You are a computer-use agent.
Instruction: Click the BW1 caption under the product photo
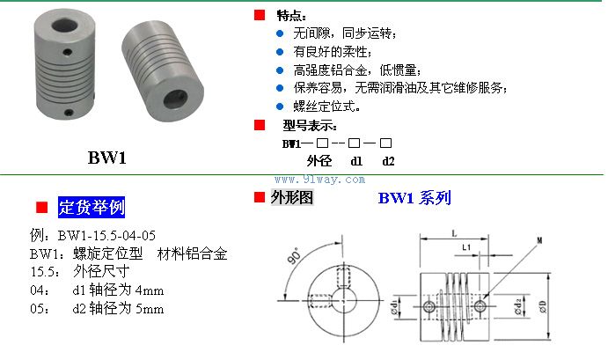point(107,158)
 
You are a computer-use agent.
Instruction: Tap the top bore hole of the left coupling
point(65,26)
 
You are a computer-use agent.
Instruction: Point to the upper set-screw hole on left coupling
point(68,52)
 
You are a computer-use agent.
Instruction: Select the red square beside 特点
point(260,15)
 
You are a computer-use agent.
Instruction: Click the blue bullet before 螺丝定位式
point(280,107)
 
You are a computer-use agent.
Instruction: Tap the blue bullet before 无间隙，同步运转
point(280,33)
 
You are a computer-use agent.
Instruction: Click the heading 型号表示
point(310,126)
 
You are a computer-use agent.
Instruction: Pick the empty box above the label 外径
point(322,143)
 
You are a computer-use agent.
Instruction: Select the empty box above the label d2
point(385,143)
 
